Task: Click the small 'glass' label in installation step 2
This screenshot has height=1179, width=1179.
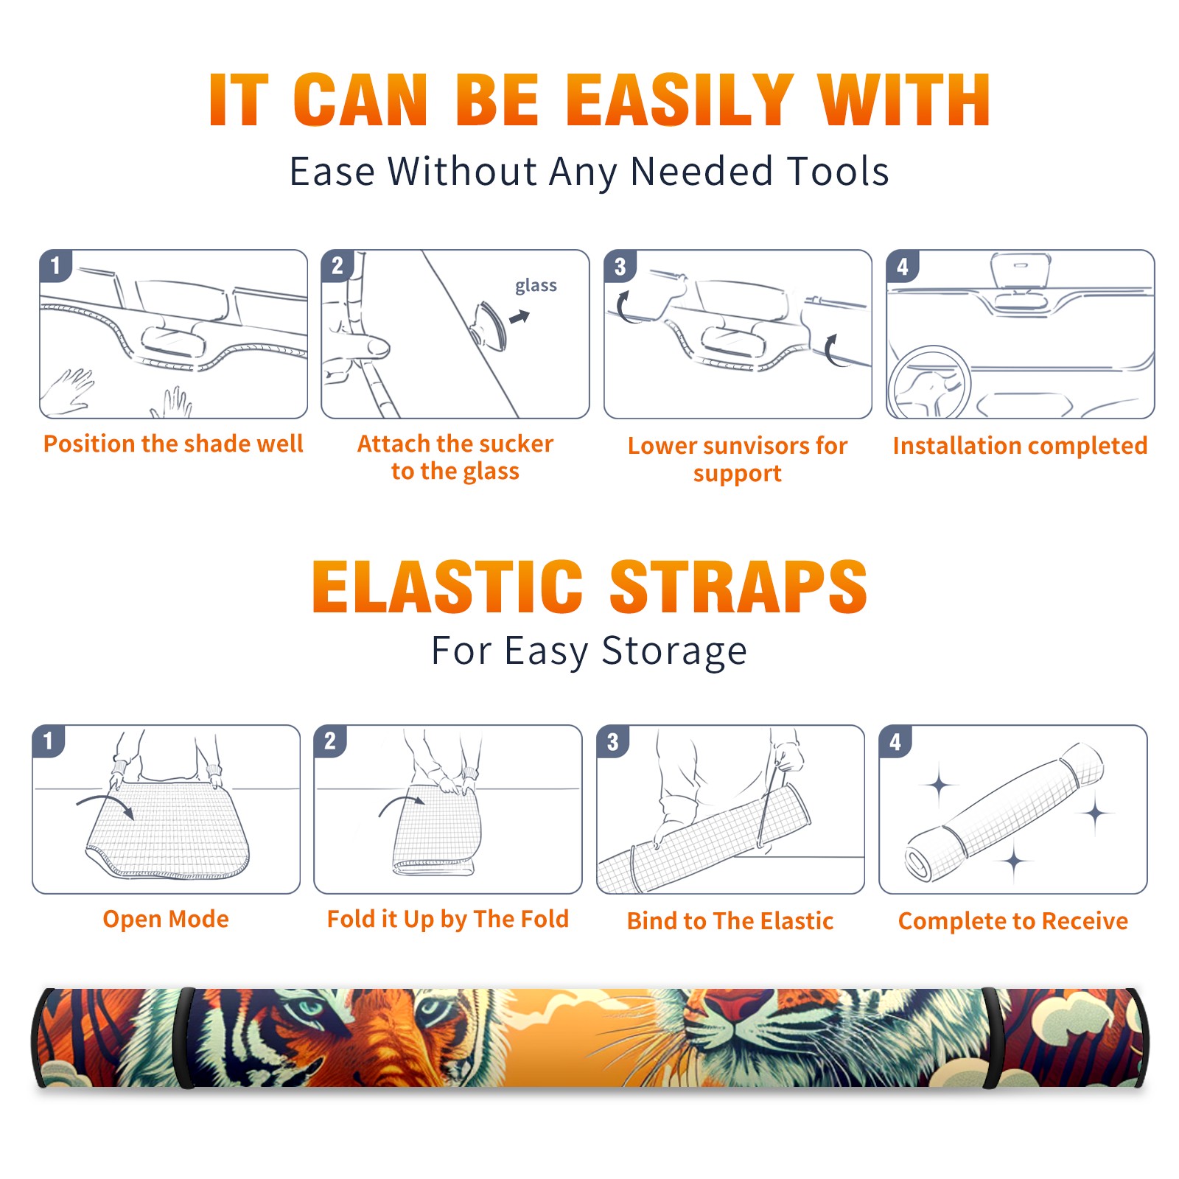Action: [536, 286]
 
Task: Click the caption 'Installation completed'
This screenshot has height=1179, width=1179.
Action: [1020, 446]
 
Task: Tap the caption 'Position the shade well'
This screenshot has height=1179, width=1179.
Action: [173, 444]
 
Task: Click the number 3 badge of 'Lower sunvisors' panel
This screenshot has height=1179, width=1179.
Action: [620, 266]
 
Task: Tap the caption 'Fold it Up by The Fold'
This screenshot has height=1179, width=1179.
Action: [448, 920]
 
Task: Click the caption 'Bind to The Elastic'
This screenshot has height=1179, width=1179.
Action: [730, 921]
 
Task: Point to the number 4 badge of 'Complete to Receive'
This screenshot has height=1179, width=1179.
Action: [895, 741]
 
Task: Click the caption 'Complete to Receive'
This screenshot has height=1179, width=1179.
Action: [1013, 921]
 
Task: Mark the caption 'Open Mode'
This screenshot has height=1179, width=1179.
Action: [166, 920]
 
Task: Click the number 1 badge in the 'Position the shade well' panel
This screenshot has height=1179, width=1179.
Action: [55, 265]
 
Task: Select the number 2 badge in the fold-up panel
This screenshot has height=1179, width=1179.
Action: [330, 741]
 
